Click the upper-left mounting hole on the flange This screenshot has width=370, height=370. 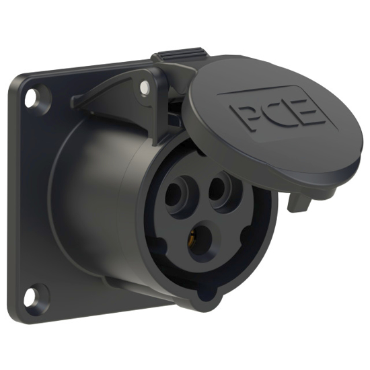pyautogui.click(x=30, y=98)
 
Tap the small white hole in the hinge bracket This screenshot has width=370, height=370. pyautogui.click(x=144, y=87)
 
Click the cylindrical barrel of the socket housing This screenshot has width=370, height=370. pyautogui.click(x=94, y=202)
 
